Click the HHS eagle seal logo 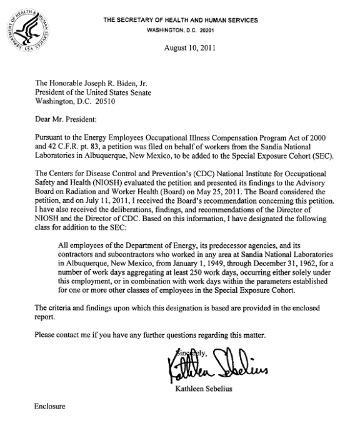point(26,26)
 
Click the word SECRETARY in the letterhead point(145,20)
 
